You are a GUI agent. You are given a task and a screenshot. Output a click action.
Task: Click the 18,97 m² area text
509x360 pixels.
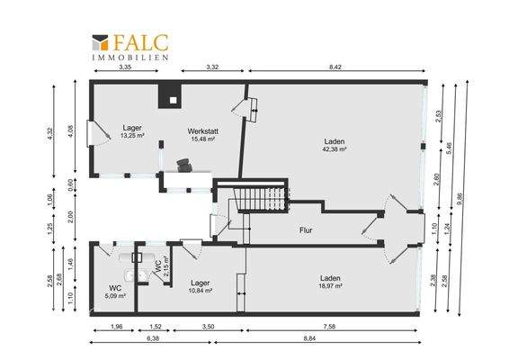coord(333,285)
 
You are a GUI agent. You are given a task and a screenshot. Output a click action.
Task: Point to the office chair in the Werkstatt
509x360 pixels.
coord(184,164)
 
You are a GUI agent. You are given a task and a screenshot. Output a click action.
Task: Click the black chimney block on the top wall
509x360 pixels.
coord(168,95)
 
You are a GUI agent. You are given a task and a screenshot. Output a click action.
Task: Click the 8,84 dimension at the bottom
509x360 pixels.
coord(334,338)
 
